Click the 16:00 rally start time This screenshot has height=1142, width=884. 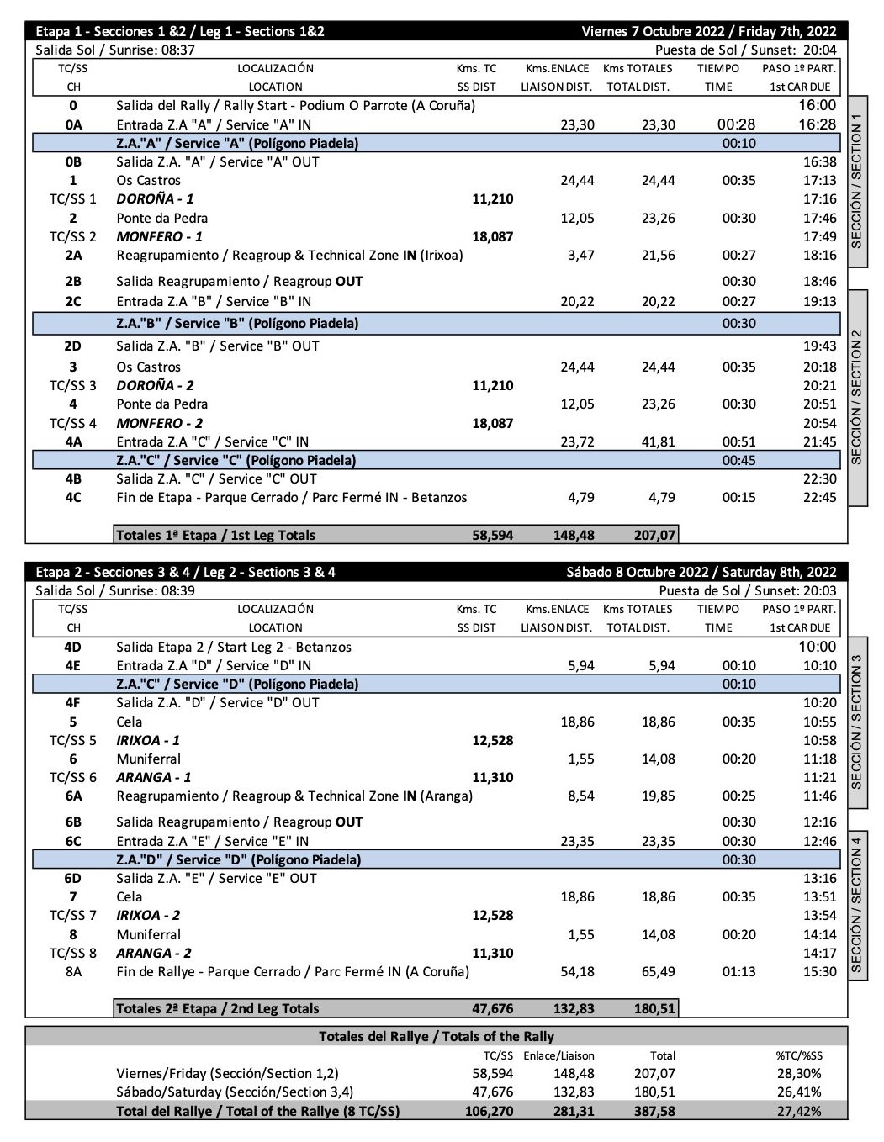(817, 105)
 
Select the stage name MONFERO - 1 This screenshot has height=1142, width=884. (159, 236)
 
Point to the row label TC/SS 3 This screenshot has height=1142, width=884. (73, 385)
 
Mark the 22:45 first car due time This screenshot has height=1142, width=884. (819, 497)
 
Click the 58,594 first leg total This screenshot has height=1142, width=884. (492, 535)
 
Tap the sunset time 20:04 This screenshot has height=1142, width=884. (820, 50)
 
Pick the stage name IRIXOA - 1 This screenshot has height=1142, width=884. (147, 740)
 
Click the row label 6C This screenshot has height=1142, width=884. (73, 841)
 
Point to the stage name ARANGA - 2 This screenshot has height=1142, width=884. (153, 953)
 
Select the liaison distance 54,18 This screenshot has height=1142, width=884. (577, 971)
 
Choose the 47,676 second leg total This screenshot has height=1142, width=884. (492, 1008)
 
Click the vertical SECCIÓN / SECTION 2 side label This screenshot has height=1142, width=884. (857, 397)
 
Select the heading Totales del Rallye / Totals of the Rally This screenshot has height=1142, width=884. (437, 1036)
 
